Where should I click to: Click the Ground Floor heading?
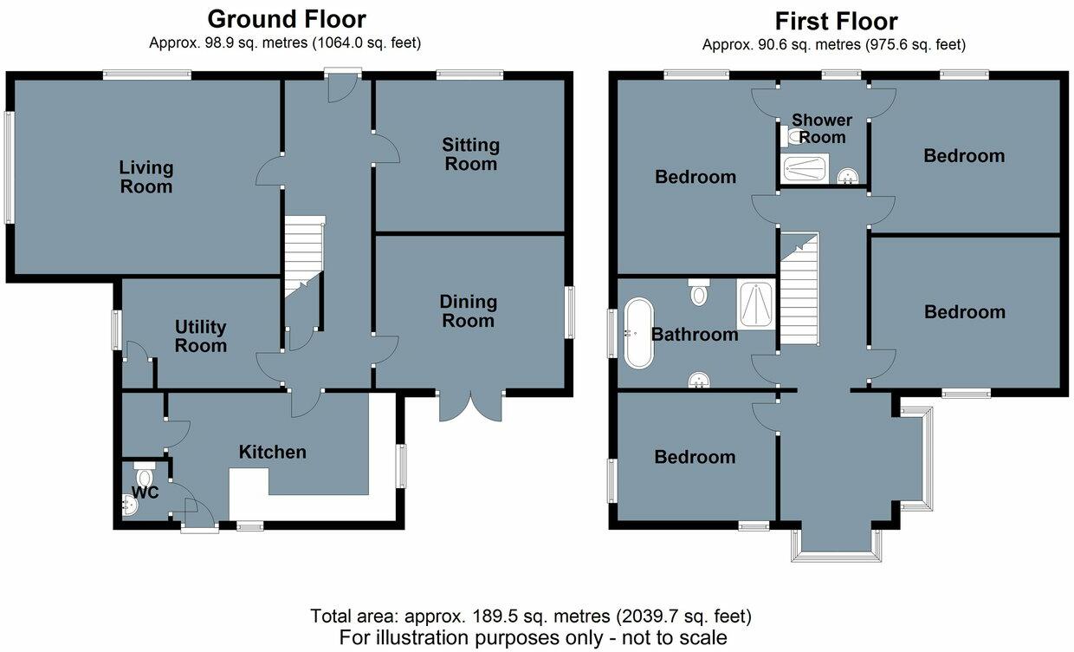(287, 19)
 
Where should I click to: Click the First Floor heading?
(836, 21)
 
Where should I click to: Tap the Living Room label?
(146, 177)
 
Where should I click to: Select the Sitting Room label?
(470, 154)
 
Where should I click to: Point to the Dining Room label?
(469, 311)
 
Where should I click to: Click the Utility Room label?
(201, 336)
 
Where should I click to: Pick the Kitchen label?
(273, 452)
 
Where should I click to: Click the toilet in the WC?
(144, 476)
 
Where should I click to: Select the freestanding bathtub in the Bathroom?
(637, 331)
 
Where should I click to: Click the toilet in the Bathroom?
(699, 292)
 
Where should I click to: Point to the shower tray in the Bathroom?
(756, 304)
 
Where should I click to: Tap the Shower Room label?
(822, 128)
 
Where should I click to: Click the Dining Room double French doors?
(471, 405)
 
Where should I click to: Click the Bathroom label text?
(695, 335)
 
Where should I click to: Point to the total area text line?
(531, 616)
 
